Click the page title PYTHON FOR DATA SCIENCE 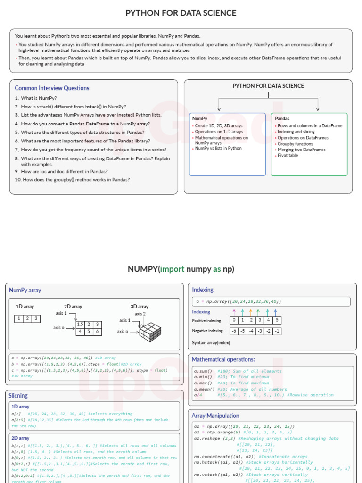[x=181, y=13]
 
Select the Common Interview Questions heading [x=53, y=88]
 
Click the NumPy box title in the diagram [x=200, y=118]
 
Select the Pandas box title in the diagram [x=282, y=118]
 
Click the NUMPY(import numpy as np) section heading [x=181, y=269]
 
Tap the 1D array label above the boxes [x=25, y=307]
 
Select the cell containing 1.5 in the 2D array [x=80, y=325]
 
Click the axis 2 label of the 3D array [x=140, y=314]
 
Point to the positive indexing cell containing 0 [x=234, y=321]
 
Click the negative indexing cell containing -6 [x=234, y=331]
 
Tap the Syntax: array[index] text [x=211, y=343]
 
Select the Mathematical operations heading [x=223, y=359]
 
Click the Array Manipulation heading [x=215, y=416]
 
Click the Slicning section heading [x=18, y=396]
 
